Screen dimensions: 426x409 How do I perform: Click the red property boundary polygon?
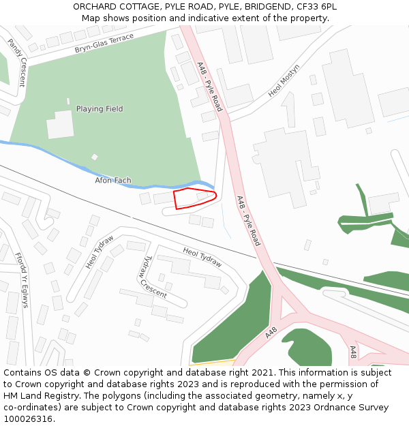pyautogui.click(x=194, y=199)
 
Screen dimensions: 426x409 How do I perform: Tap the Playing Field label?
pyautogui.click(x=100, y=109)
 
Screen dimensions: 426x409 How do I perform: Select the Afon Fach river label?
pyautogui.click(x=113, y=181)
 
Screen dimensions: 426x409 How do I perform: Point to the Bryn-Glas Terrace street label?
pyautogui.click(x=104, y=44)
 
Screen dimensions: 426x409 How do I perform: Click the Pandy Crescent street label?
pyautogui.click(x=16, y=63)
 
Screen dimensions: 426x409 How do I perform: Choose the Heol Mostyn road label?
pyautogui.click(x=284, y=81)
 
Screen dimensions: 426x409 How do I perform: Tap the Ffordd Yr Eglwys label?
pyautogui.click(x=22, y=279)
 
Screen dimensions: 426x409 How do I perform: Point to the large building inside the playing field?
pyautogui.click(x=60, y=124)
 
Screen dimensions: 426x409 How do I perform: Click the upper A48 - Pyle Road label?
pyautogui.click(x=209, y=87)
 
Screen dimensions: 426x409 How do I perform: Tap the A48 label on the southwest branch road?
pyautogui.click(x=271, y=333)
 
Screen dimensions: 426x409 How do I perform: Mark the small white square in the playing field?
pyautogui.click(x=95, y=157)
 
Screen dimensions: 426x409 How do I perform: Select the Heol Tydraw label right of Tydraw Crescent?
pyautogui.click(x=202, y=257)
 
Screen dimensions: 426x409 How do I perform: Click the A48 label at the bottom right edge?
pyautogui.click(x=353, y=352)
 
